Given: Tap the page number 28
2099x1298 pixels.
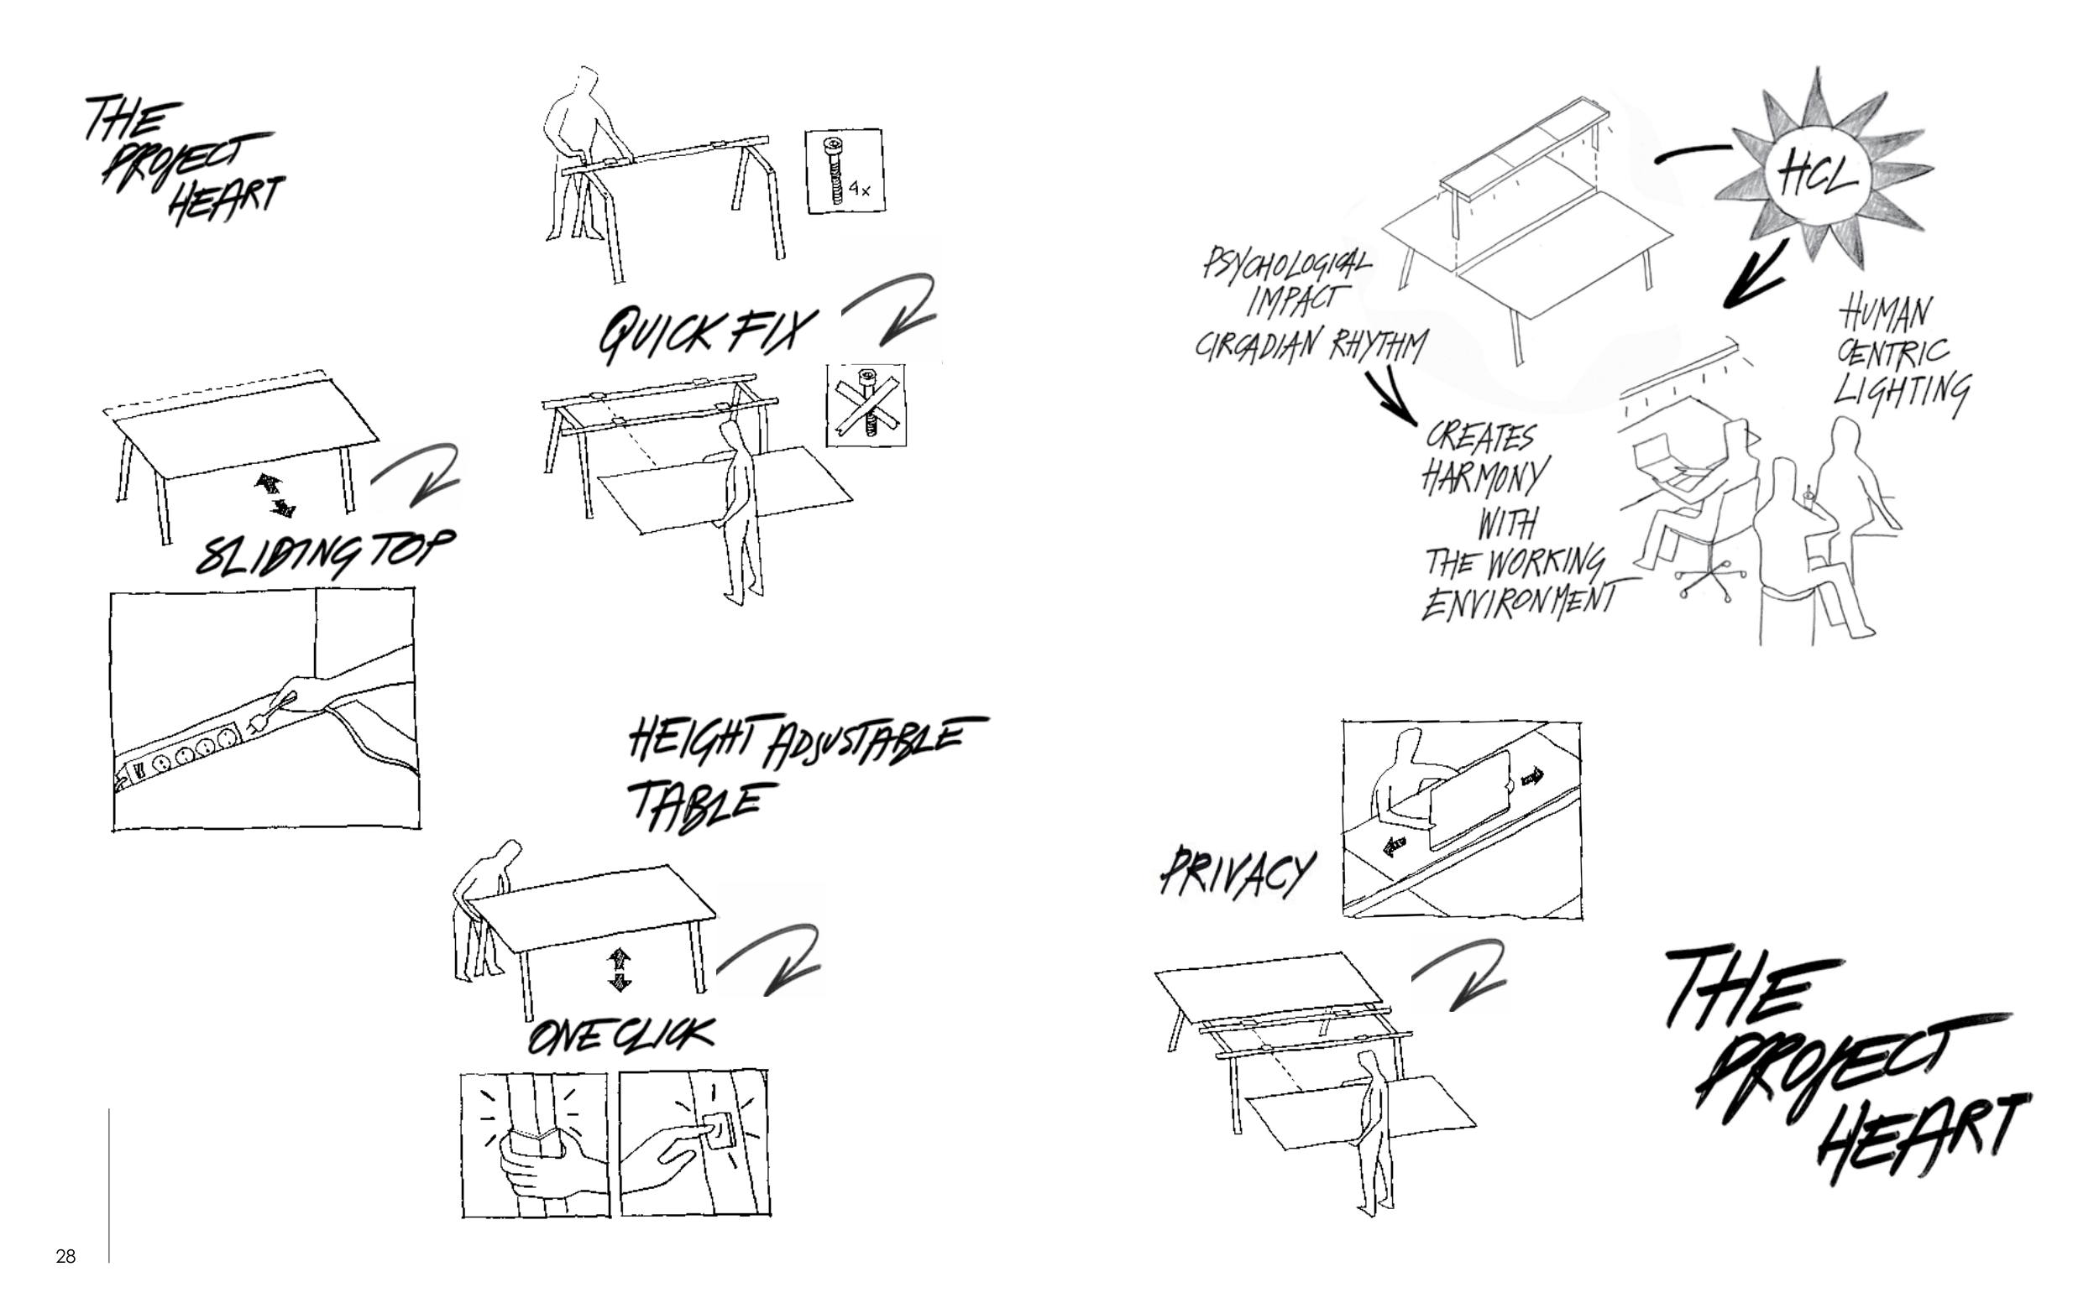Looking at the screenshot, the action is point(65,1257).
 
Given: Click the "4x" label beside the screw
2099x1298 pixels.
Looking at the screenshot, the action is point(860,190).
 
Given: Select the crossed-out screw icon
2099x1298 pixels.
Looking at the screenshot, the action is point(866,404).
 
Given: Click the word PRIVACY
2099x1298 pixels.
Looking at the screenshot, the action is point(1238,874).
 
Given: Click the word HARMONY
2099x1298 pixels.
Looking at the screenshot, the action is point(1484,477).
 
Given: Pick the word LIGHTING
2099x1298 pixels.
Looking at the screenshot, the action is point(1902,395).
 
